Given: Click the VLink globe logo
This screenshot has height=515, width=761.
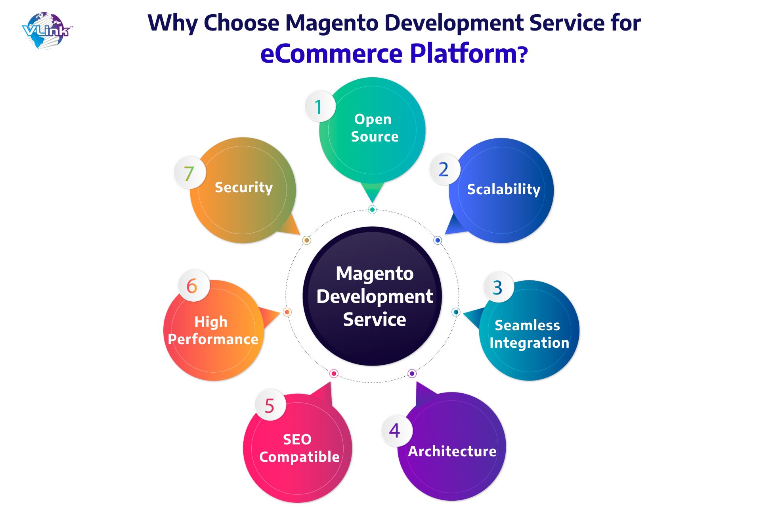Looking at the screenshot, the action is click(x=47, y=31).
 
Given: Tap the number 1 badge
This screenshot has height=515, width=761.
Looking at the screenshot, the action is click(x=320, y=107).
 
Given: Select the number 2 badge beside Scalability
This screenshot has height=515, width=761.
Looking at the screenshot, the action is click(x=444, y=169).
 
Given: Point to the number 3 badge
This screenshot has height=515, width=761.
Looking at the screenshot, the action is click(x=499, y=287).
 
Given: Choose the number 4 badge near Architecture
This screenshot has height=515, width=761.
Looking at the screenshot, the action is click(x=396, y=431).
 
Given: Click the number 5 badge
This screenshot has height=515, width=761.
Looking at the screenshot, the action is click(x=270, y=405).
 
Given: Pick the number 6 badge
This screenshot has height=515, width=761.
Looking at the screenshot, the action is click(x=193, y=285).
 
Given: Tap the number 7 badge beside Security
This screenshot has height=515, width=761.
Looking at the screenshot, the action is click(x=189, y=173).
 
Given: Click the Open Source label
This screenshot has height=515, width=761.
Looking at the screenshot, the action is click(x=374, y=128).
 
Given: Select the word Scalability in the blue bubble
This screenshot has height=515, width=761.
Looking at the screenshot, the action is click(x=503, y=190).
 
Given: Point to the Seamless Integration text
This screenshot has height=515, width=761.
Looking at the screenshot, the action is click(x=529, y=334).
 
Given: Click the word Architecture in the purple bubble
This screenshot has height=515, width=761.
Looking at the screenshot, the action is click(x=452, y=451).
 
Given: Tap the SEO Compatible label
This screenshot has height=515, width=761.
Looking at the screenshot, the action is click(x=299, y=448).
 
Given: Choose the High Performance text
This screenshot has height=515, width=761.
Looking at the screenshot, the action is click(x=213, y=331).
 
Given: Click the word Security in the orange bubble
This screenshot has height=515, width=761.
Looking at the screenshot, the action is click(x=244, y=188).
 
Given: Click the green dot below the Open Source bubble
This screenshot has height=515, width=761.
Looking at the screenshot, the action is click(x=372, y=209).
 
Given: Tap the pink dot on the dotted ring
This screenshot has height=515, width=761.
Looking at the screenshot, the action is click(x=334, y=373).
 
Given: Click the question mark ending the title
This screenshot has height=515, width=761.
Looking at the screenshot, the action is click(x=523, y=55).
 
